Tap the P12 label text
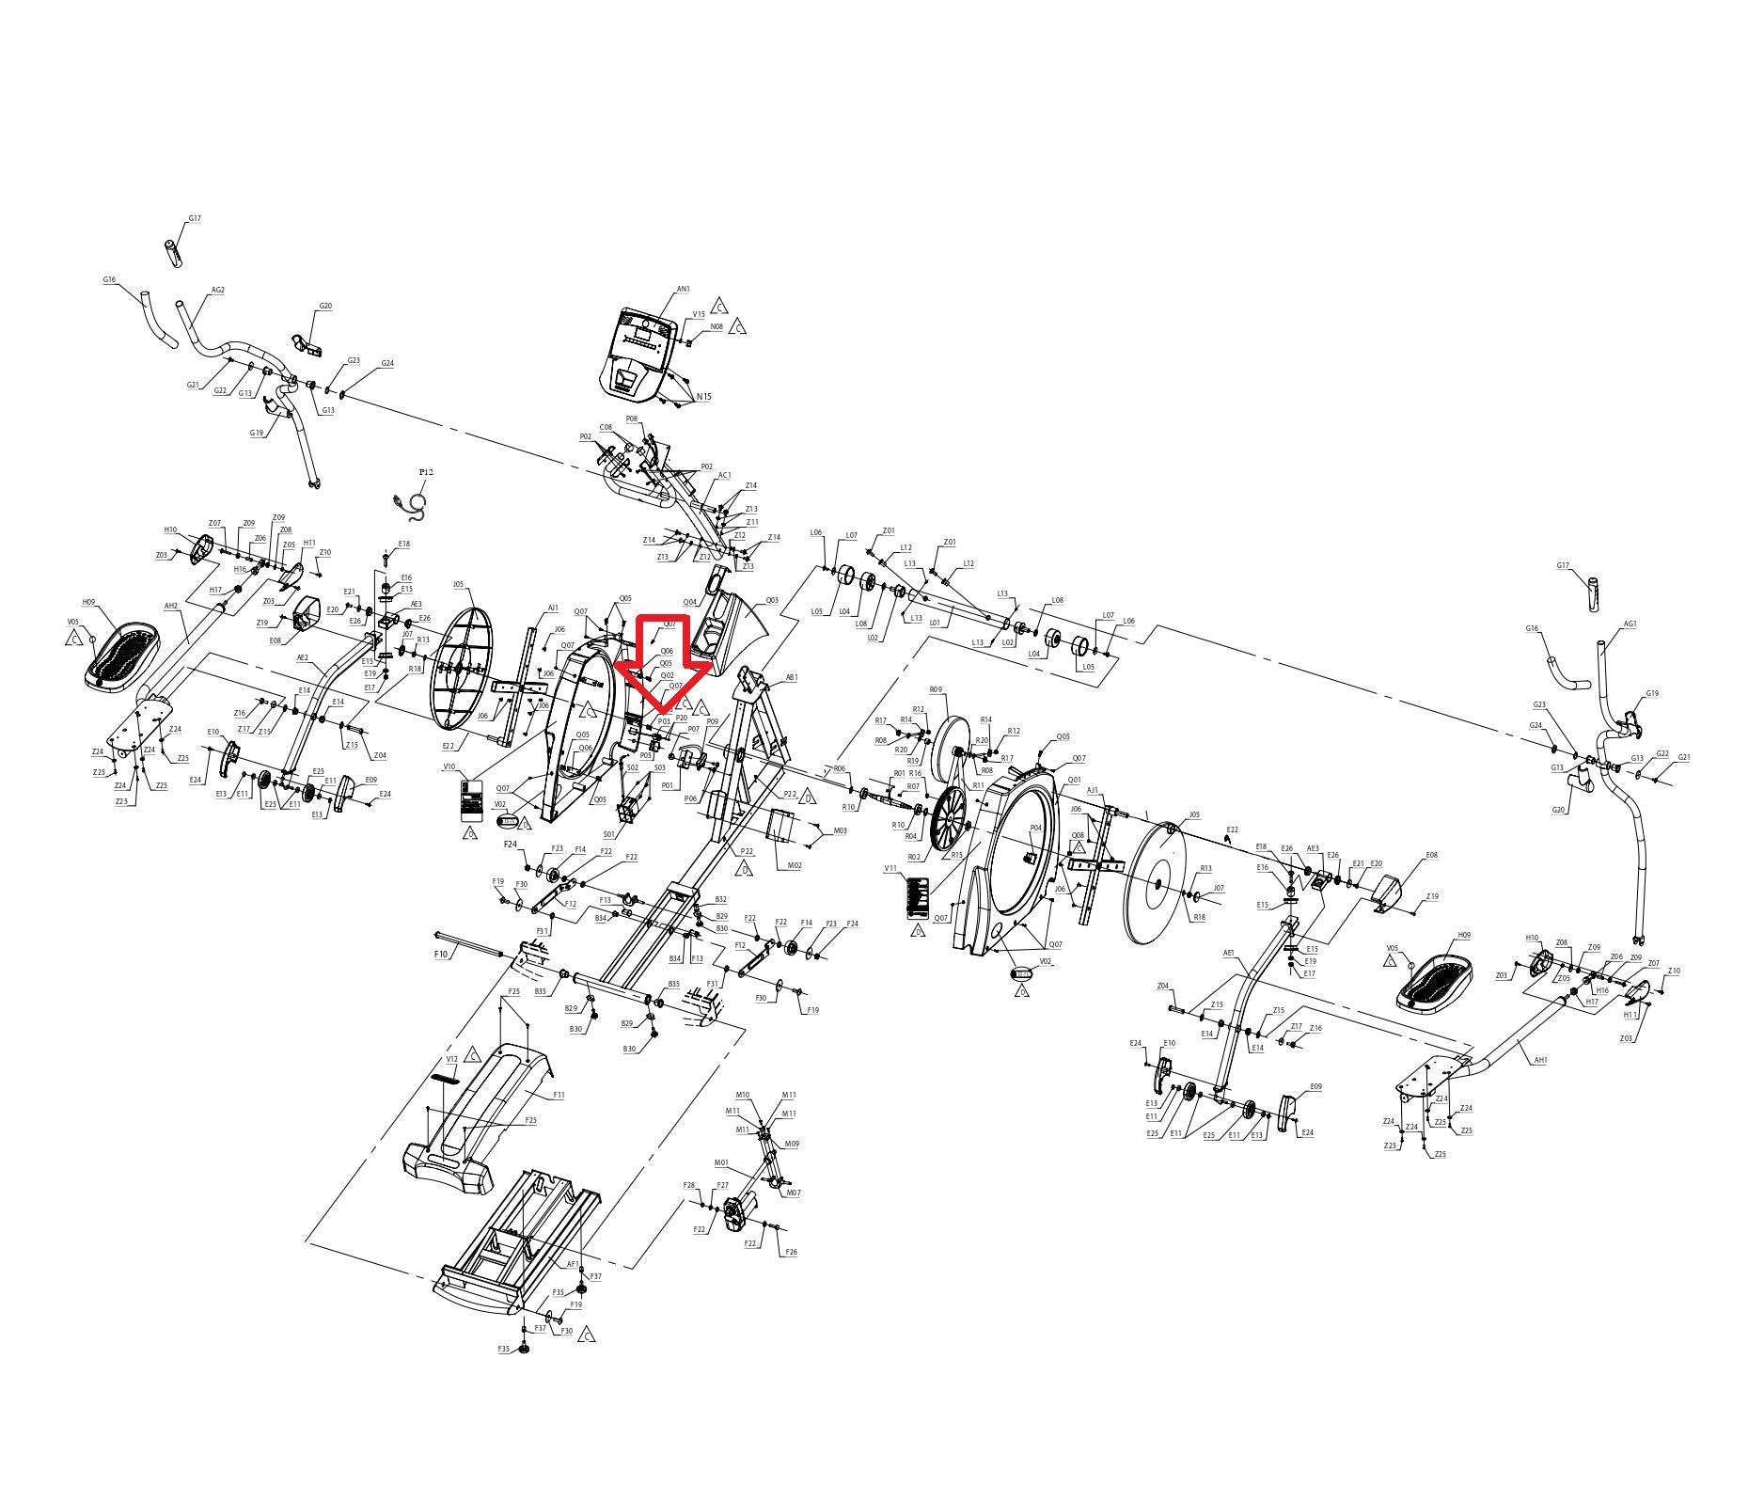click(x=426, y=472)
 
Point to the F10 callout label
click(x=441, y=954)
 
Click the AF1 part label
click(x=573, y=1264)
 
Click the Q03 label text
click(x=772, y=600)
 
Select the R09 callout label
click(x=936, y=690)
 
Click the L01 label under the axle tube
click(x=935, y=623)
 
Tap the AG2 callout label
click(x=218, y=291)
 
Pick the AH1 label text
click(x=1540, y=1060)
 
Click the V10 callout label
click(x=449, y=766)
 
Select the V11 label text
click(x=891, y=869)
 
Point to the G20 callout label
click(x=1559, y=810)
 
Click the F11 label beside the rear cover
click(x=559, y=1095)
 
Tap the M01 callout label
click(x=722, y=1162)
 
